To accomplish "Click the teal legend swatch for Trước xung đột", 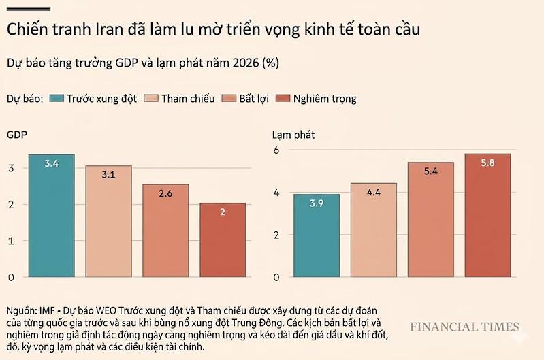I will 57,99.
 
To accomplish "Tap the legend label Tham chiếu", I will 188,99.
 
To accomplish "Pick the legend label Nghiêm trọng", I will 325,99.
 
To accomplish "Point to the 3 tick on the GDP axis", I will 10,167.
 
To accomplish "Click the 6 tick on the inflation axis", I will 276,150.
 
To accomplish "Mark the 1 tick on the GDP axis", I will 10,241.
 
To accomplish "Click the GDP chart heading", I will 17,135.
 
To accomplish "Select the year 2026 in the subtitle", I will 247,63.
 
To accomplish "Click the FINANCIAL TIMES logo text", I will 464,327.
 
